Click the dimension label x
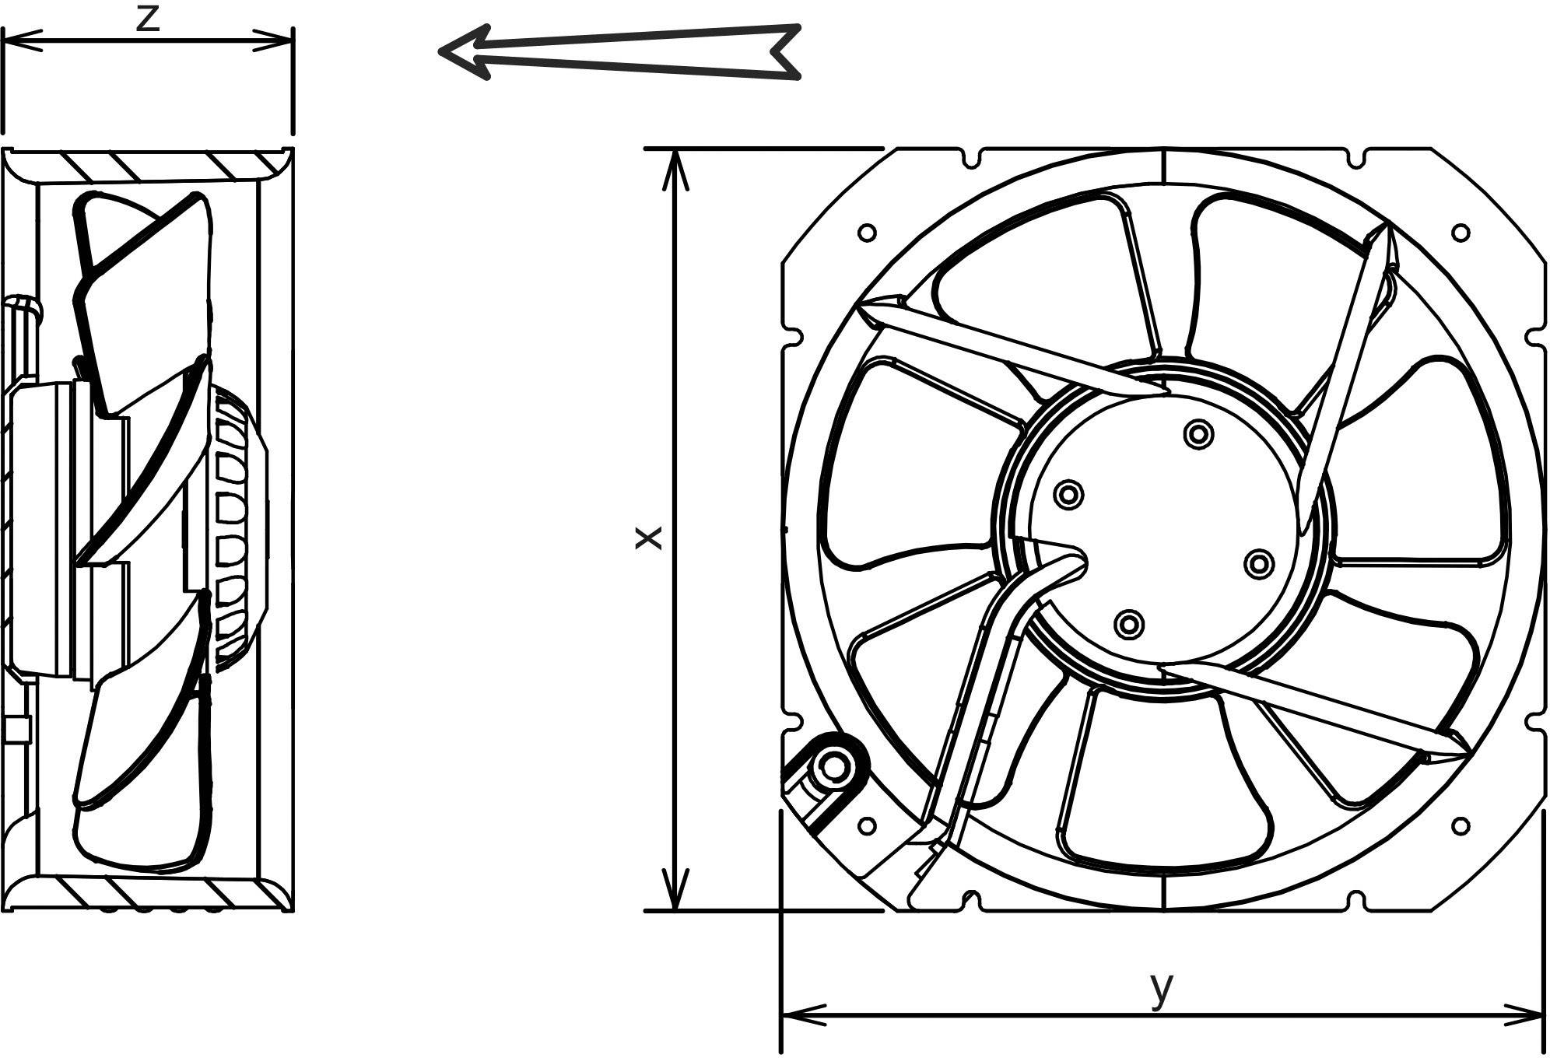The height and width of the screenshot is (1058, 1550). click(x=648, y=538)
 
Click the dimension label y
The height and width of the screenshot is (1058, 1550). click(x=1161, y=989)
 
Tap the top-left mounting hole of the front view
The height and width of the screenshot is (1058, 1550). click(x=866, y=232)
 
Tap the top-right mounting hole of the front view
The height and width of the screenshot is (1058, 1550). click(x=1461, y=232)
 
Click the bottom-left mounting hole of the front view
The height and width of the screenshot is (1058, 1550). click(x=866, y=826)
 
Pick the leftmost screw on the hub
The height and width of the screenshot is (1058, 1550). click(x=1068, y=494)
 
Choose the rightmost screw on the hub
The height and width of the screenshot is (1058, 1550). click(x=1258, y=565)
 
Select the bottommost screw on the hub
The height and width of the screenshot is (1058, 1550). click(x=1128, y=624)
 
